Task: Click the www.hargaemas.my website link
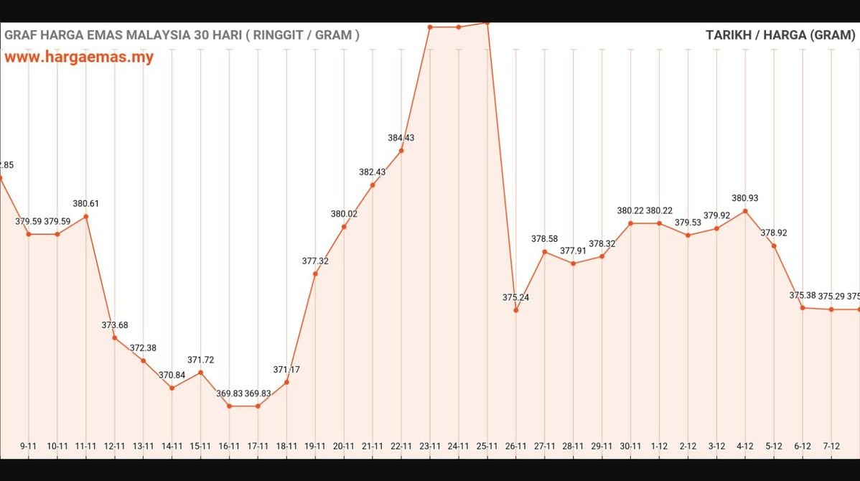[x=79, y=57]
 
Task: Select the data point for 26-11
[x=516, y=310]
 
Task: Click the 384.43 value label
[x=401, y=138]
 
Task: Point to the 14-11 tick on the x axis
[x=172, y=446]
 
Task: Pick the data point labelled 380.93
[x=745, y=211]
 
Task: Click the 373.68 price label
[x=115, y=325]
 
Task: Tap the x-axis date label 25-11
[x=487, y=446]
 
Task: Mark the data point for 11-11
[x=86, y=216]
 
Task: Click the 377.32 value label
[x=315, y=261]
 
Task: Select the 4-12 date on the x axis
[x=745, y=446]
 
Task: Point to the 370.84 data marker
[x=172, y=388]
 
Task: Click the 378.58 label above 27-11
[x=545, y=238]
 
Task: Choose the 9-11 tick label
[x=29, y=446]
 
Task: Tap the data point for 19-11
[x=315, y=274]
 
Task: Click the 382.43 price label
[x=373, y=172]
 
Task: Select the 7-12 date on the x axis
[x=831, y=446]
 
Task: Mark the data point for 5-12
[x=774, y=246]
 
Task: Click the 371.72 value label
[x=201, y=360]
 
